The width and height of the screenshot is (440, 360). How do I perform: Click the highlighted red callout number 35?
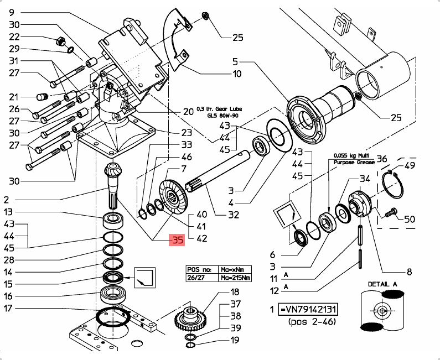177,241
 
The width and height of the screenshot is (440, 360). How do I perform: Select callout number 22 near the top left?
13,36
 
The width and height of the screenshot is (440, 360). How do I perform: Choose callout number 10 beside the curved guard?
237,74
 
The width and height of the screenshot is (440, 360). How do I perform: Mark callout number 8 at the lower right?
409,272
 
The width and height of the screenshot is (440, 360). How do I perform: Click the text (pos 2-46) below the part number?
310,321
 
